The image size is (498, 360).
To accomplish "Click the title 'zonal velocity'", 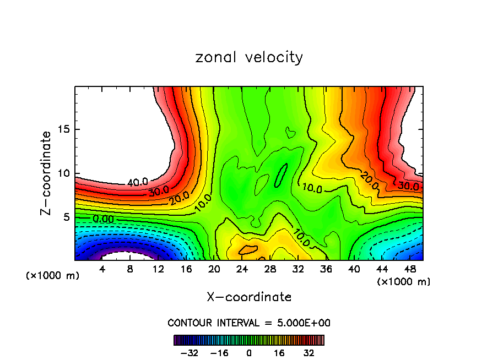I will click(x=249, y=57).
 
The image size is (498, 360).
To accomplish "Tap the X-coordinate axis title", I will click(x=249, y=297).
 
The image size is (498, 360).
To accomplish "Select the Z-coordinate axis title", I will click(x=46, y=173).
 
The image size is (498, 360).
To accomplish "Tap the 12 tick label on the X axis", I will click(x=159, y=269).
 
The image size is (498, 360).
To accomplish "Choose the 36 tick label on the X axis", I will click(x=326, y=269).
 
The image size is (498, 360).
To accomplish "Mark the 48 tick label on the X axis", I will click(x=409, y=269).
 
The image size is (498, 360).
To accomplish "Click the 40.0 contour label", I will click(x=137, y=183).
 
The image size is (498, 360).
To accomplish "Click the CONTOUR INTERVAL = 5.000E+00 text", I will click(x=249, y=323).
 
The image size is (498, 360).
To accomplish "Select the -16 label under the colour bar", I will click(x=219, y=353).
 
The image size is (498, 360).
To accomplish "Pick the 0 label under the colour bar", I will click(x=249, y=353).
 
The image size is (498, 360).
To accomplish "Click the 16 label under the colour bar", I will click(x=279, y=353).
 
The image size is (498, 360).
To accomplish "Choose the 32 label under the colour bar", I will click(x=309, y=353).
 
